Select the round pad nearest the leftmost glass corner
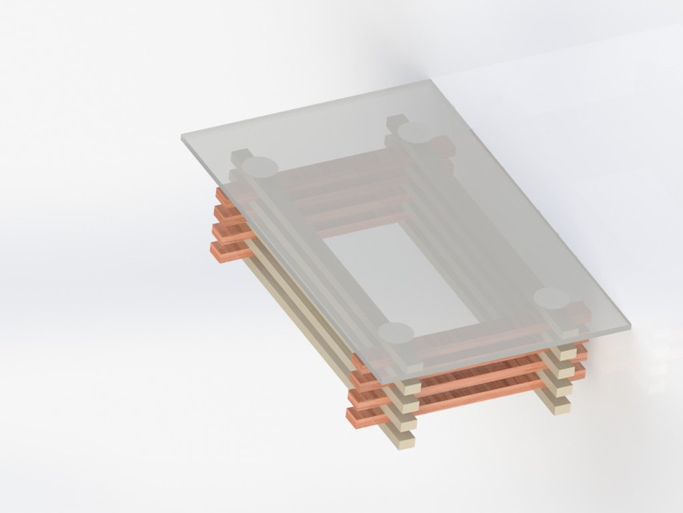(259, 167)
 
